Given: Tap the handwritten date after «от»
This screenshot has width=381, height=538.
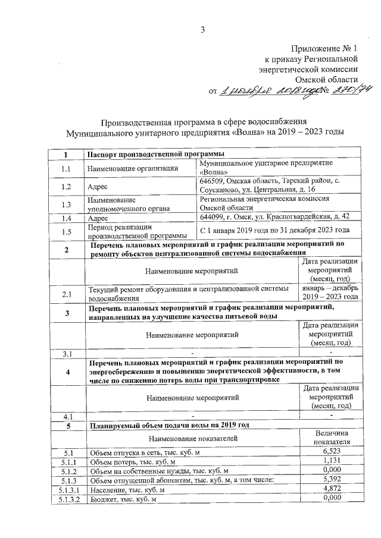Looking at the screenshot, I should [257, 91].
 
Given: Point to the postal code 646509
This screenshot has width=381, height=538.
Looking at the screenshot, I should [214, 181].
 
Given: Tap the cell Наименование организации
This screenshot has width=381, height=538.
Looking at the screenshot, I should [124, 168].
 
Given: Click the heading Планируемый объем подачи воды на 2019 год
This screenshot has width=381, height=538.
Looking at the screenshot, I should [168, 426].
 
